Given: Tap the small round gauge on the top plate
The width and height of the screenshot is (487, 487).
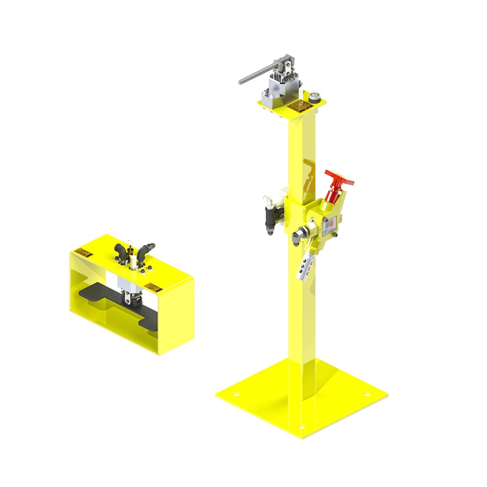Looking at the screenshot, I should coord(314,97).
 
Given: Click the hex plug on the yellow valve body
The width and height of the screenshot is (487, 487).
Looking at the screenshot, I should coord(300,233).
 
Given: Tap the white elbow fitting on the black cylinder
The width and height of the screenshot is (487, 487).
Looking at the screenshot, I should coord(267,198).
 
